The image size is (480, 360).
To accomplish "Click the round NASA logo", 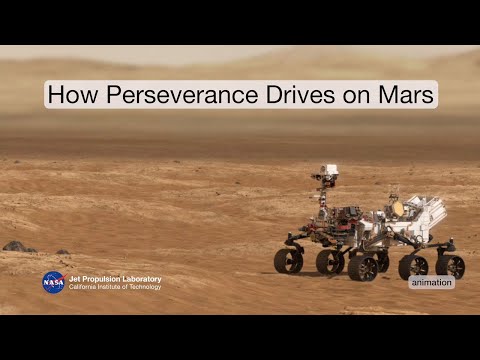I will point(53,282).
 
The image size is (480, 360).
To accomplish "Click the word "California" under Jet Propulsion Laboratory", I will point(85,287).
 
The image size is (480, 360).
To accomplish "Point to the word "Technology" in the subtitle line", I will point(143,287).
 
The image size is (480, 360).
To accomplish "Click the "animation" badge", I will point(431,282).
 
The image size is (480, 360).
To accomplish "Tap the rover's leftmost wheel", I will point(288,261).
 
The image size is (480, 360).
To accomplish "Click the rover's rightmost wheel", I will point(450,266).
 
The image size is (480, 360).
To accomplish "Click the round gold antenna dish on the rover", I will point(396,208).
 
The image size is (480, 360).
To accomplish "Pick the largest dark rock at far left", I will point(15,245).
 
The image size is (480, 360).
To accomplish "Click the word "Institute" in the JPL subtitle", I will point(114,287).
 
